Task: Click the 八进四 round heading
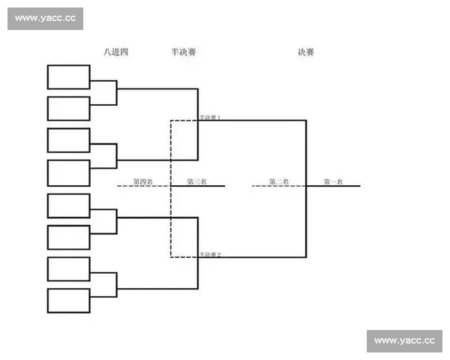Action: tap(116, 52)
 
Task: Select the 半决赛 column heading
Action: tap(184, 52)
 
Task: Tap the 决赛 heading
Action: tap(305, 52)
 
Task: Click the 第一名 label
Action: tap(333, 181)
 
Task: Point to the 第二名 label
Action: tap(279, 181)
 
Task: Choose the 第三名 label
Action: tap(196, 181)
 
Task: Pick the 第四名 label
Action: tap(142, 181)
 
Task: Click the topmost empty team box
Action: tap(69, 77)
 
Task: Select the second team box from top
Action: tap(69, 109)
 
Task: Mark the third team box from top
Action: tap(69, 140)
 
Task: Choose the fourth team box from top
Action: tap(69, 172)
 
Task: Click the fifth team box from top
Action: tap(69, 205)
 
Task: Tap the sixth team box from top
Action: tap(69, 237)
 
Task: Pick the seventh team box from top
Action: tap(69, 268)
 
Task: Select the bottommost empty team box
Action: tap(69, 301)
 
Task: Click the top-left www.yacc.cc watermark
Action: tap(45, 19)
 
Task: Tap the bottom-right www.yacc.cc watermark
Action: tap(404, 340)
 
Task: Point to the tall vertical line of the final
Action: tap(306, 187)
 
